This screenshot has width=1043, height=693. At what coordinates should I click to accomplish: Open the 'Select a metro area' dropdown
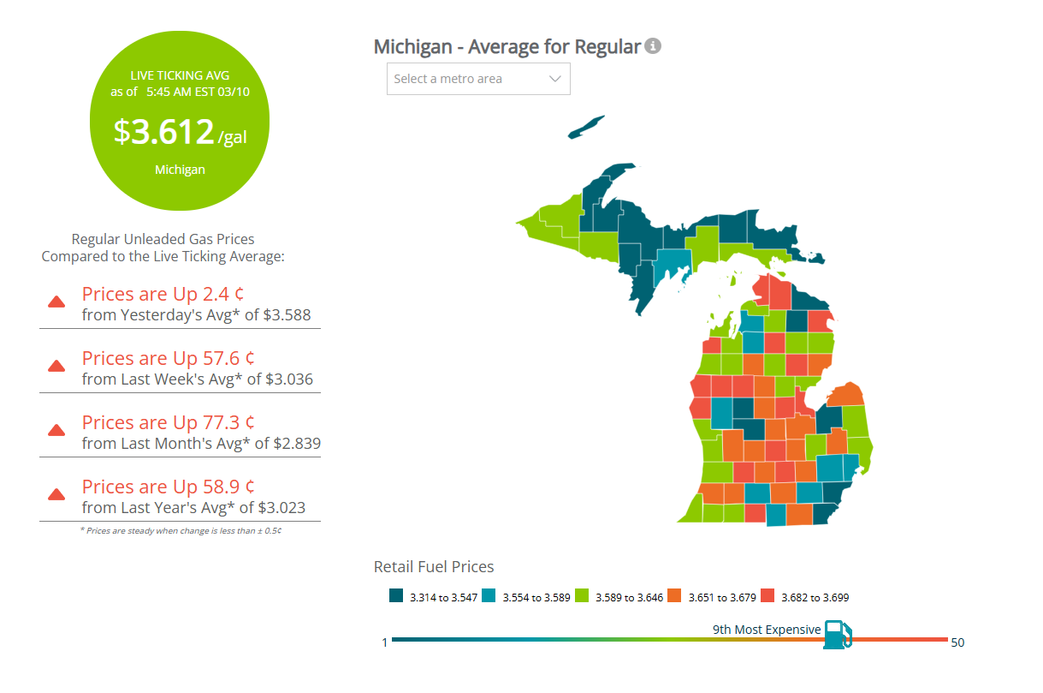click(478, 79)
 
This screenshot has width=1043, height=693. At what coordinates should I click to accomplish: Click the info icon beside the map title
click(653, 46)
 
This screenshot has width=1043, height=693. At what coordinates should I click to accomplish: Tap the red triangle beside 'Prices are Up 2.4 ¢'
click(56, 302)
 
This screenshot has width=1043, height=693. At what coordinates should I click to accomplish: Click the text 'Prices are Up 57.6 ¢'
click(169, 358)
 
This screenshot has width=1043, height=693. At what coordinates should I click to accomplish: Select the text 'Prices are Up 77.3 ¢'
click(169, 422)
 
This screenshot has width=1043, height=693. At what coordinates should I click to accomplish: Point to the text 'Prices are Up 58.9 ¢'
click(169, 487)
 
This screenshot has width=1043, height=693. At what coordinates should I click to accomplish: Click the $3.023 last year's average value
click(283, 508)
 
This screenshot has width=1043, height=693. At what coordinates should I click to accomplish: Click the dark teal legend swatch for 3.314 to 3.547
click(396, 596)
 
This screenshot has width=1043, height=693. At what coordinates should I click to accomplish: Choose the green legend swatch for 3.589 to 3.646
click(582, 596)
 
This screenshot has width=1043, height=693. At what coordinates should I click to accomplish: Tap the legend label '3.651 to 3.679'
click(721, 598)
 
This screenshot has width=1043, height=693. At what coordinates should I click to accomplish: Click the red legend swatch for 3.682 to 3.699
click(767, 596)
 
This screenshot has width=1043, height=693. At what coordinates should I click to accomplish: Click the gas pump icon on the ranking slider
click(837, 634)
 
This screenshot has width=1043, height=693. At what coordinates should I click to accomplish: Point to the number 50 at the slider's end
click(957, 642)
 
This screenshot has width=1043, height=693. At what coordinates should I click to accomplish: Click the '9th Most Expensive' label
click(767, 630)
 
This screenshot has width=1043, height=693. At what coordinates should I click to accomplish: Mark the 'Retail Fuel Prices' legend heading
click(434, 567)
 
